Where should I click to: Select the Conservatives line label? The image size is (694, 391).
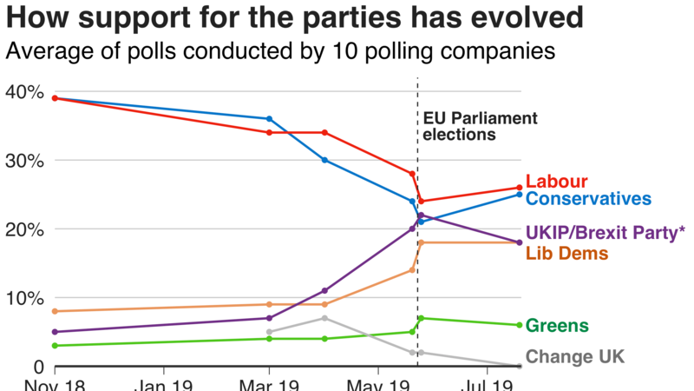pos(588,199)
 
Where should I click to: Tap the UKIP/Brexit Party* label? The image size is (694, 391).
pos(605,233)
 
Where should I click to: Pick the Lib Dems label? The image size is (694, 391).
pos(567,253)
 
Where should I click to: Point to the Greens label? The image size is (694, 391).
pos(558,325)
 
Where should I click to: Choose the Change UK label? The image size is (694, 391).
pos(575,356)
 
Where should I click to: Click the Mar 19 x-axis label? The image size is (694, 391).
pos(270,383)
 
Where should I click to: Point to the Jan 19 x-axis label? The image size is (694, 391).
pos(162,383)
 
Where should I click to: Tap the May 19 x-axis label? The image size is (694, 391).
pos(378,383)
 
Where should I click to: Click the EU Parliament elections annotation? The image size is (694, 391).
pos(480,126)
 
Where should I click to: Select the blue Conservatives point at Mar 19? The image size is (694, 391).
pos(269,119)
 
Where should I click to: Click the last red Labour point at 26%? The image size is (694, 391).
pos(519,188)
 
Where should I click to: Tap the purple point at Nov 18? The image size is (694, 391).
pos(54,332)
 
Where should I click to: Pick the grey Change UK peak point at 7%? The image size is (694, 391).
pos(324,318)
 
